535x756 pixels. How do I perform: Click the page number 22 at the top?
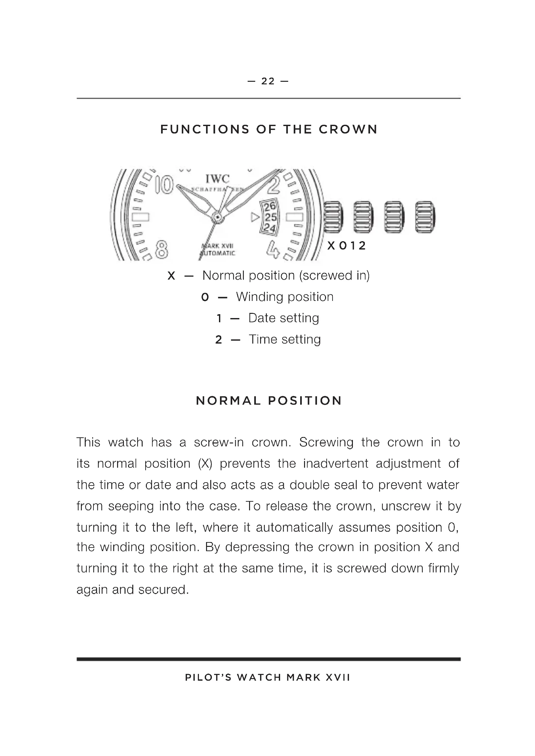click(x=268, y=81)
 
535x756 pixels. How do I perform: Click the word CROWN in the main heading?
click(x=348, y=129)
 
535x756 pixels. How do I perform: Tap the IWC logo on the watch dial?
click(x=217, y=179)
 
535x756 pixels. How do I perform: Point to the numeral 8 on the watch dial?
click(x=161, y=249)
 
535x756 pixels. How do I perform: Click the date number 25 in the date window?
click(x=271, y=217)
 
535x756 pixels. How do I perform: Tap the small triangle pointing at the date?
click(x=255, y=217)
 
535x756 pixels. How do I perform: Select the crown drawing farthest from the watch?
click(x=425, y=217)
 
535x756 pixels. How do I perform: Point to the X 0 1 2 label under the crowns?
click(x=346, y=246)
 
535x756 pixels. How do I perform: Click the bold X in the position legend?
click(x=171, y=276)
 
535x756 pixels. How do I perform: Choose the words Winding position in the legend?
click(x=285, y=297)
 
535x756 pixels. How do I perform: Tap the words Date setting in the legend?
click(x=284, y=318)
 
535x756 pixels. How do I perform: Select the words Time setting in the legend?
click(x=285, y=339)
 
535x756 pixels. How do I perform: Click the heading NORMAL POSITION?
click(x=269, y=401)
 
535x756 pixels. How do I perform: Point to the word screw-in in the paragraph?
click(x=218, y=442)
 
